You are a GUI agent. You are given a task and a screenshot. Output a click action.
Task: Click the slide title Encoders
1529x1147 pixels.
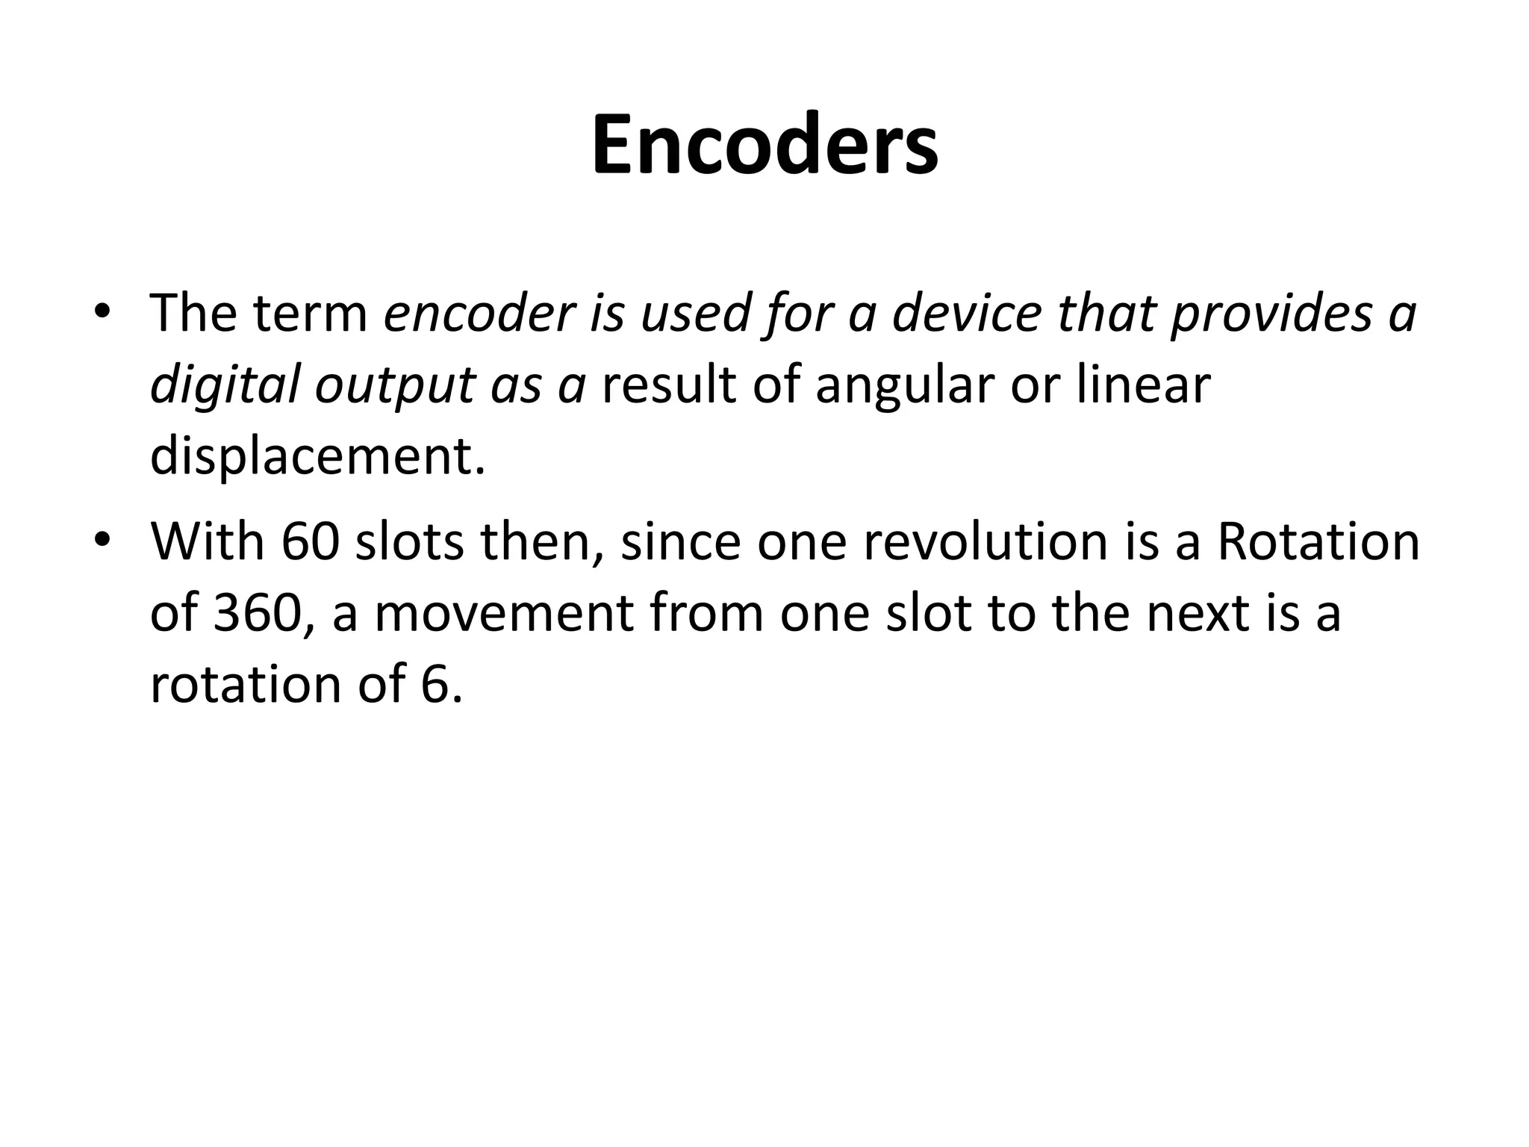[764, 145]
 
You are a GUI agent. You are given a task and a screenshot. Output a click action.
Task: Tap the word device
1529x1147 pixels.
[966, 314]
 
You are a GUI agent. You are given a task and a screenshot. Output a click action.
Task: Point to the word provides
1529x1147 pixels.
[1271, 314]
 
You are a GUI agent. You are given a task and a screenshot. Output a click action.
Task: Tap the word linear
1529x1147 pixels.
[1142, 385]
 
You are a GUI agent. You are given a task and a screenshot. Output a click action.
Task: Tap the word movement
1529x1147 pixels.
[503, 615]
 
